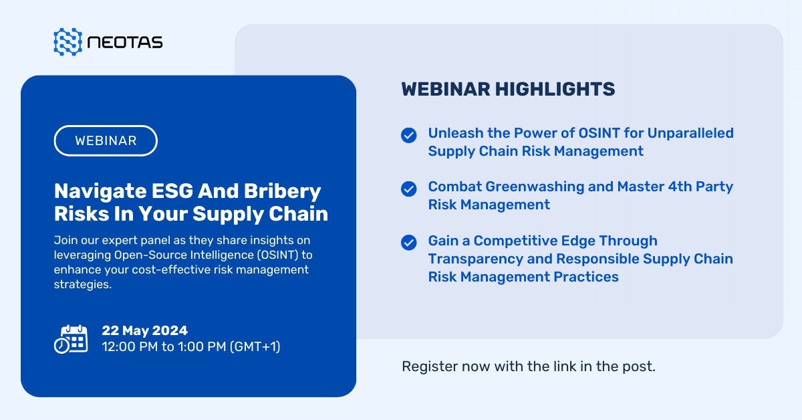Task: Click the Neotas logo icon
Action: point(68,42)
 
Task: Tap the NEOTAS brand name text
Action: point(125,42)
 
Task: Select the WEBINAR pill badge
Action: point(106,140)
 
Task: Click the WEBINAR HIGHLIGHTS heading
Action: point(508,89)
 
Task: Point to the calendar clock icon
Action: point(71,339)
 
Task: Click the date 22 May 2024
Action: point(144,330)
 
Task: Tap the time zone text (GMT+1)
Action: point(255,346)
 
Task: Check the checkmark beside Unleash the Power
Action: point(409,135)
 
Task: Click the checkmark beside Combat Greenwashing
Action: point(409,189)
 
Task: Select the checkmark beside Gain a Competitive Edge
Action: point(409,242)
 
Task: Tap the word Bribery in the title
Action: point(283,191)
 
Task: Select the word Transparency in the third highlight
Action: point(475,259)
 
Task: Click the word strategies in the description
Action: point(83,284)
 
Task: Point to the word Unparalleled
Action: point(690,133)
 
